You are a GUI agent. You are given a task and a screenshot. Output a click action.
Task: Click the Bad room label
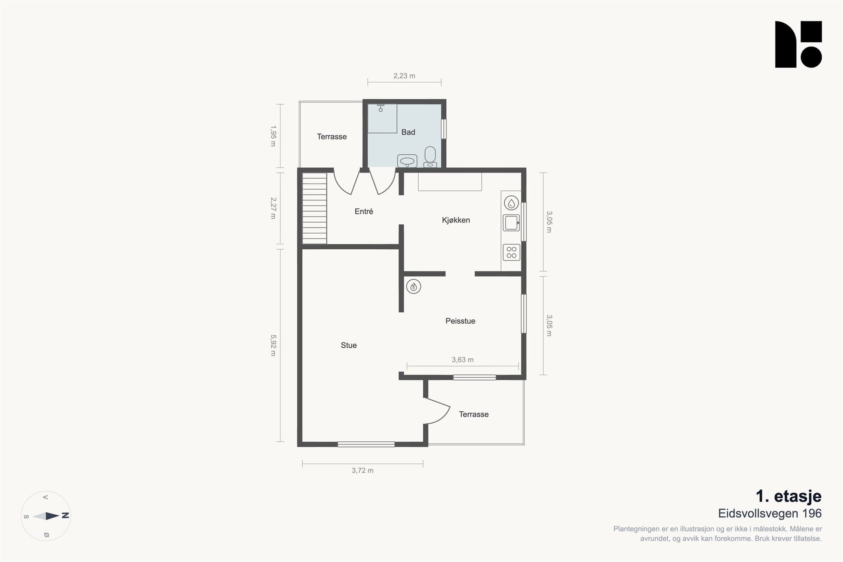tap(408, 132)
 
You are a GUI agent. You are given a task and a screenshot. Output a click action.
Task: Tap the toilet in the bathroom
tap(430, 157)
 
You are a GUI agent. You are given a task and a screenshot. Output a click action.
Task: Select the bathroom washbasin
tap(407, 161)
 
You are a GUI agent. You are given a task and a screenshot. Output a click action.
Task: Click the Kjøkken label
tap(456, 220)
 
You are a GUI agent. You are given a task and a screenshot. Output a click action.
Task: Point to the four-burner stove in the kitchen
tap(511, 252)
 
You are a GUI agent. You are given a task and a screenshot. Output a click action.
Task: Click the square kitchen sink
tap(511, 223)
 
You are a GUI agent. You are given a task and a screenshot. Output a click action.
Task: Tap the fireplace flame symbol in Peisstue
tap(414, 286)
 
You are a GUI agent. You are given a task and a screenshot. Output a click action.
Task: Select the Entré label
tap(364, 211)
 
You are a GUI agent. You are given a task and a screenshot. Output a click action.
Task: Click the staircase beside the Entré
tap(314, 208)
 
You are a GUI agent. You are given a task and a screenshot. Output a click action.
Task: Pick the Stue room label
tap(349, 346)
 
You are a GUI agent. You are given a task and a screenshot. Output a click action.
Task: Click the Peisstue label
tap(460, 321)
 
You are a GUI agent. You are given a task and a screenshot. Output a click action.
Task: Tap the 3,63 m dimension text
tap(463, 360)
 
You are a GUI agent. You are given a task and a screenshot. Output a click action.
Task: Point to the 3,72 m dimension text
tap(363, 471)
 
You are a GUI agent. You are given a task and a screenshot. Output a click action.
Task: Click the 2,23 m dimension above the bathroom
tap(404, 76)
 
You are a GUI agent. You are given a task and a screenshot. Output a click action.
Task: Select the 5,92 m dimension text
tap(273, 345)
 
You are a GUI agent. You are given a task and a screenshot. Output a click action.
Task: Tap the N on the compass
tap(65, 516)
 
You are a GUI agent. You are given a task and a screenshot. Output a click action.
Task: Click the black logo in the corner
tap(799, 44)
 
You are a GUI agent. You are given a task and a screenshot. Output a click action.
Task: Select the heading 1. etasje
tap(789, 496)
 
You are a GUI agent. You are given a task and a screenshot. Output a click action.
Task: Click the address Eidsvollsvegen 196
tap(770, 513)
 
